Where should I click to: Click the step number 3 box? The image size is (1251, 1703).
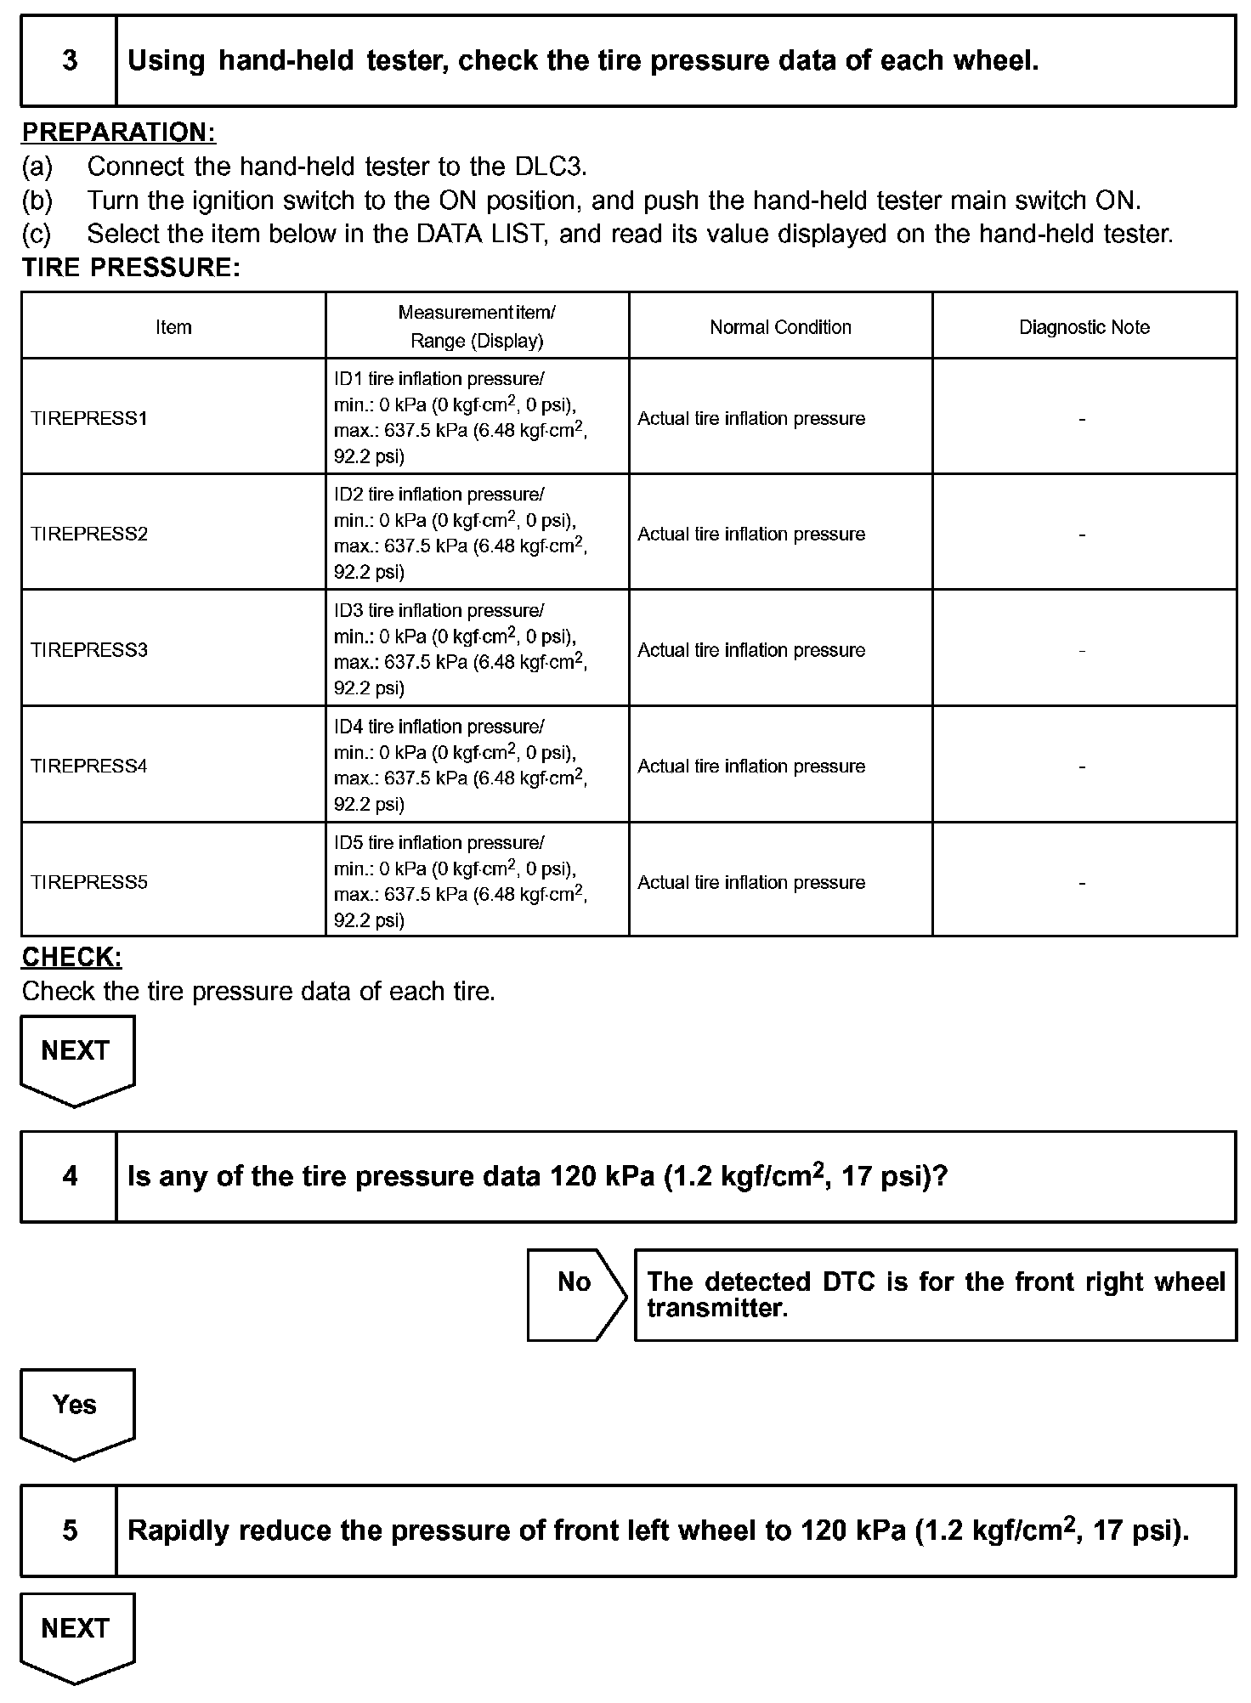pos(69,61)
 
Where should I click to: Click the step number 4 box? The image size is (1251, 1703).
pos(69,1176)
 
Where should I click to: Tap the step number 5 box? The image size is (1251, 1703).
pos(69,1530)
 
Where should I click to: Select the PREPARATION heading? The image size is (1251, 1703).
pos(119,133)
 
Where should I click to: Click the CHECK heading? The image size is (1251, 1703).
pos(71,957)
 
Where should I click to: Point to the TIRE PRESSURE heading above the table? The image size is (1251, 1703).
pos(131,268)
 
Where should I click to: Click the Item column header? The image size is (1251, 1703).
pos(173,327)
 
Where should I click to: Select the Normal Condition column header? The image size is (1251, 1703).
pos(780,327)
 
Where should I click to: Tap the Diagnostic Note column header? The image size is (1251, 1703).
pos(1084,327)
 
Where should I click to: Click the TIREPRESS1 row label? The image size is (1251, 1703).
pos(89,418)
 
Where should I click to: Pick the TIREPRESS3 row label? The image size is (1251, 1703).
pos(89,650)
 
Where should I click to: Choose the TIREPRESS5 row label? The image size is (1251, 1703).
pos(89,882)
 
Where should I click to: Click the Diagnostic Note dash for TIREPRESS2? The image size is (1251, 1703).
pos(1082,535)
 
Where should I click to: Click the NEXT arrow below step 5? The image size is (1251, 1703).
pos(76,1634)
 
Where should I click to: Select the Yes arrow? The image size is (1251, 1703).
pos(76,1411)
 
